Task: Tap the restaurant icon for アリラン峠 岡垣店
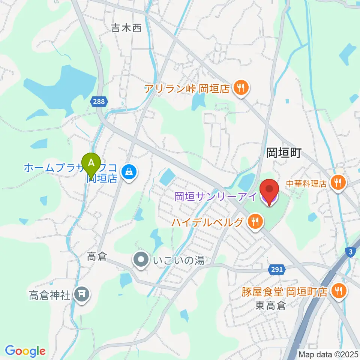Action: click(240, 88)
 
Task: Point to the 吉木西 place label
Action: click(126, 28)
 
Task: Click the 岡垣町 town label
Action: click(284, 153)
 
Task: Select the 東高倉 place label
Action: click(271, 306)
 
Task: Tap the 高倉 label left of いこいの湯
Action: click(97, 257)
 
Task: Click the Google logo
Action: click(25, 351)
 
